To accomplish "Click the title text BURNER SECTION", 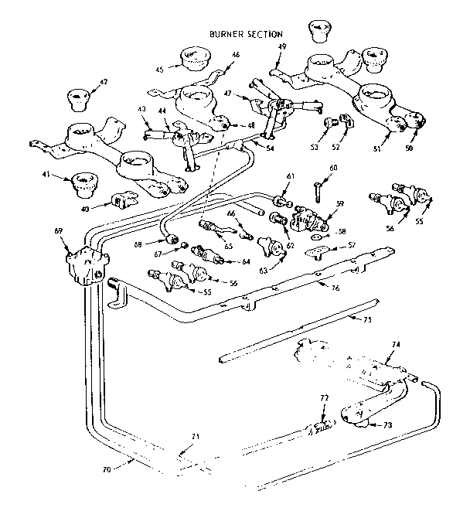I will pos(246,34).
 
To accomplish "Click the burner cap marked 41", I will pos(83,186).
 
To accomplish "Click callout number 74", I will pos(395,344).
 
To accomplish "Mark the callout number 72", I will pos(325,399).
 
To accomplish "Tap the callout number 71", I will pos(195,437).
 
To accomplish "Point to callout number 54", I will pos(270,148).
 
